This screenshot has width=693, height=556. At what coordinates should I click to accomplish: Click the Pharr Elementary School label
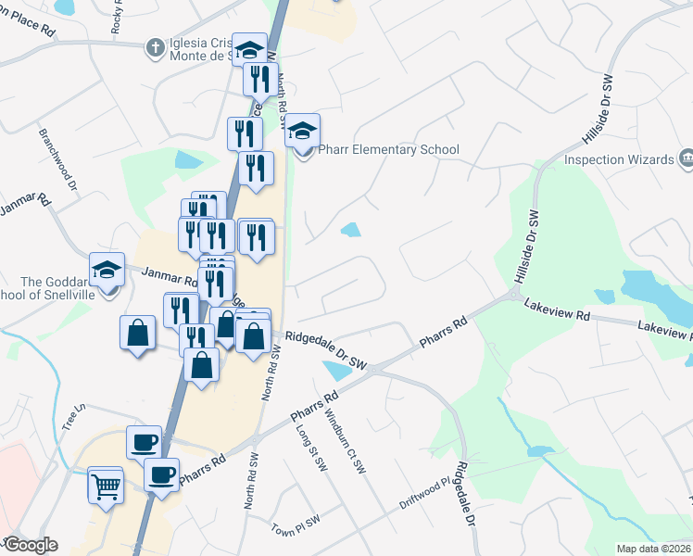tap(388, 149)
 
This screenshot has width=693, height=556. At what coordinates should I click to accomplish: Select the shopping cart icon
tap(106, 484)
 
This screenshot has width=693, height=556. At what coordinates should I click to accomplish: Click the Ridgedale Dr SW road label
tap(325, 352)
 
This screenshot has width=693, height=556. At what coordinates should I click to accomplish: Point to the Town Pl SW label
tap(296, 524)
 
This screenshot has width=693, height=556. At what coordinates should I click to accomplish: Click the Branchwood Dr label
tap(58, 159)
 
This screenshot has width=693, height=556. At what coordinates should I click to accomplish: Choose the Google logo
tap(31, 545)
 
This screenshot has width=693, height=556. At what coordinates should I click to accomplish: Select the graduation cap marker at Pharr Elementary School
tap(302, 133)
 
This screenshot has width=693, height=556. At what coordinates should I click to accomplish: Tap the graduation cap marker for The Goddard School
tap(107, 271)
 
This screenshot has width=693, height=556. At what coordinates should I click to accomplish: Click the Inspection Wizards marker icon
tap(687, 158)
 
